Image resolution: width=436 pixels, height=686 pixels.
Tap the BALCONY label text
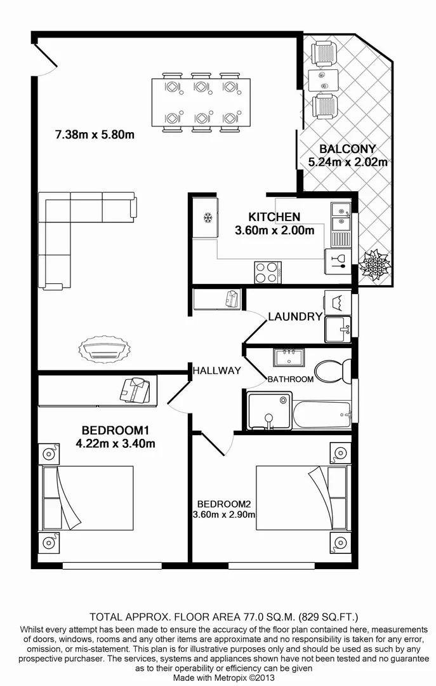coord(346,149)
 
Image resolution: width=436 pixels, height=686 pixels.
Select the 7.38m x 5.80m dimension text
coord(95,135)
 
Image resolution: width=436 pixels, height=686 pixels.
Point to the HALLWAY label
coord(216,370)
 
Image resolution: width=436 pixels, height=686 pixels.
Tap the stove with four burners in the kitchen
coord(267,272)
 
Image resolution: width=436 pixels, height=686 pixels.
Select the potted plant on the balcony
coord(373,266)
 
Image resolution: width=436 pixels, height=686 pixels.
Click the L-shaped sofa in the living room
coord(70,235)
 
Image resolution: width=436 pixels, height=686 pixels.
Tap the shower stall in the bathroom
coord(269,412)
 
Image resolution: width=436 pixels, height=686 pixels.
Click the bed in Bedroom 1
coord(88,498)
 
